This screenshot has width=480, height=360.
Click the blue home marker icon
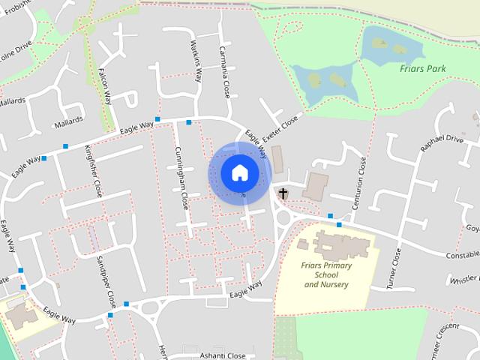click(239, 172)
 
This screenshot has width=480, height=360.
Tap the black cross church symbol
click(283, 194)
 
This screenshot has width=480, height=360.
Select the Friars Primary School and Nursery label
click(325, 274)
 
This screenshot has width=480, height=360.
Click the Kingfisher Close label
click(94, 170)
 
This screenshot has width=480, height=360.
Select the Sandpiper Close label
click(106, 282)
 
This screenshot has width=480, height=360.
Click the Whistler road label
click(466, 279)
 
